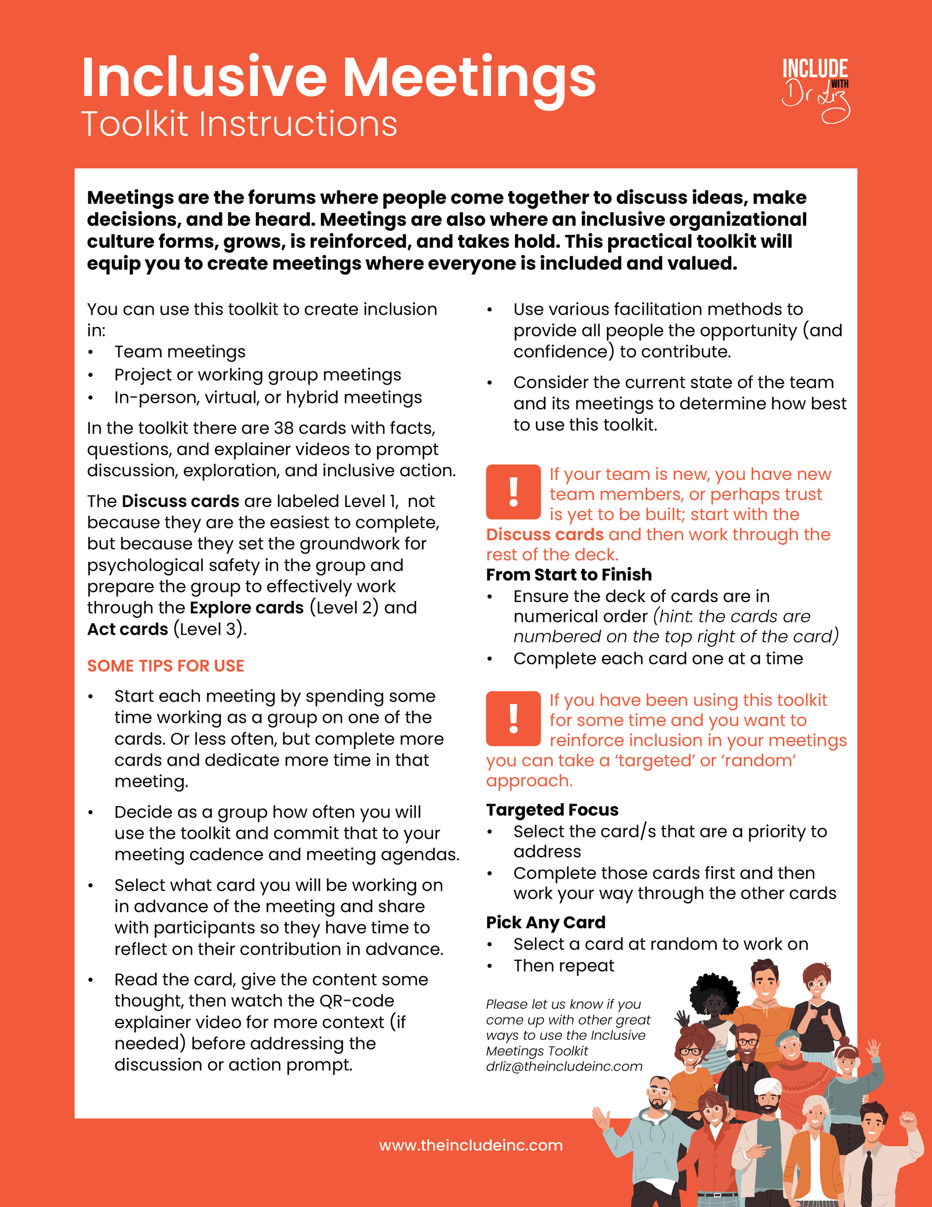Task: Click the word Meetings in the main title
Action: [469, 79]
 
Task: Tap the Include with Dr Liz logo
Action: [815, 90]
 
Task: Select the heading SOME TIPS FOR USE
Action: [165, 666]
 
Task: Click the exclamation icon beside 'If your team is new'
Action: [513, 492]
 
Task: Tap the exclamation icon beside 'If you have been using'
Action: [513, 719]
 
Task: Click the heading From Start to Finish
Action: [569, 575]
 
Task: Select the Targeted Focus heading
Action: [552, 810]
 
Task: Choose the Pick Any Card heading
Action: [545, 923]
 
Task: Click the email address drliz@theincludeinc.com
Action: [564, 1067]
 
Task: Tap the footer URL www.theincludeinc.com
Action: [471, 1145]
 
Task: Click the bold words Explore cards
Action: [246, 608]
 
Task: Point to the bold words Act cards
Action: [127, 629]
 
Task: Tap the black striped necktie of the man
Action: [867, 1177]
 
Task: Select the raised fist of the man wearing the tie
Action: [908, 1120]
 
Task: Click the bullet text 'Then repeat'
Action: [563, 966]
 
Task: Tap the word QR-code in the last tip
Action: [356, 1001]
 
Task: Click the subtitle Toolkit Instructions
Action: [239, 124]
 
